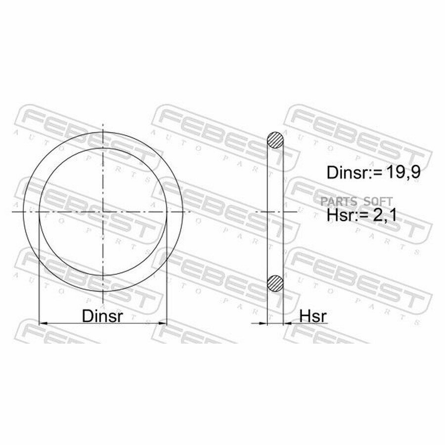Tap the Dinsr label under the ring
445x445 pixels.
(102, 315)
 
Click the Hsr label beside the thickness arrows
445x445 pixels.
(313, 315)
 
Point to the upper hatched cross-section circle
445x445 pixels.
(275, 140)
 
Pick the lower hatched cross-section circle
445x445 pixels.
(275, 283)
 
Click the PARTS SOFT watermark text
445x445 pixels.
(356, 202)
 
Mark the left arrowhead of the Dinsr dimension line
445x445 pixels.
(43, 323)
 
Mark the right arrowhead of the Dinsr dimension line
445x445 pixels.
(163, 323)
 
